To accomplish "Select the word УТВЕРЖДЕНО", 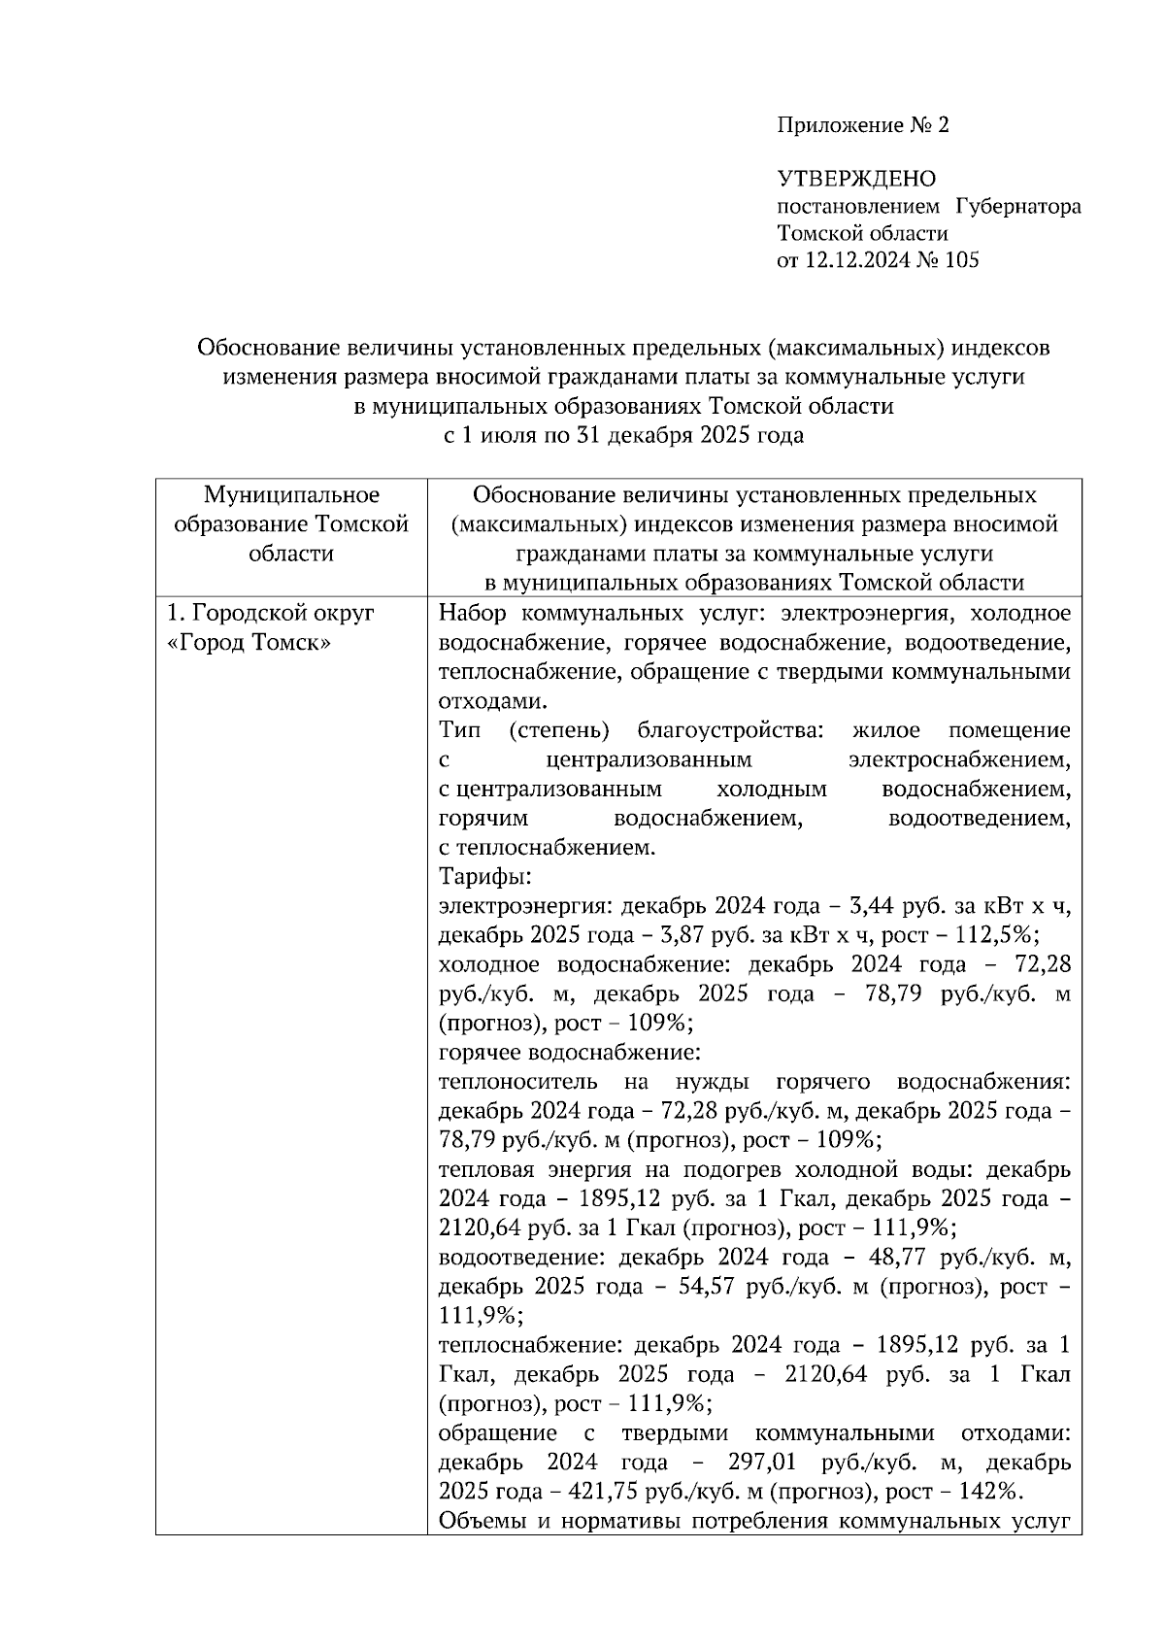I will (856, 179).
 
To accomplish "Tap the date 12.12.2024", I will (853, 260).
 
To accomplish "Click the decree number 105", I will (960, 260).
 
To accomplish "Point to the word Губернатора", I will (1018, 206).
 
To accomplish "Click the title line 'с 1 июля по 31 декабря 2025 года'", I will (623, 435).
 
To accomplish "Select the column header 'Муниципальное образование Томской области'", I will (291, 524).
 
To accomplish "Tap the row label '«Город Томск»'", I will (249, 643).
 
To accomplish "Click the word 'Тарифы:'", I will (484, 877).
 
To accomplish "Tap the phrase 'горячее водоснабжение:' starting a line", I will (569, 1053).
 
